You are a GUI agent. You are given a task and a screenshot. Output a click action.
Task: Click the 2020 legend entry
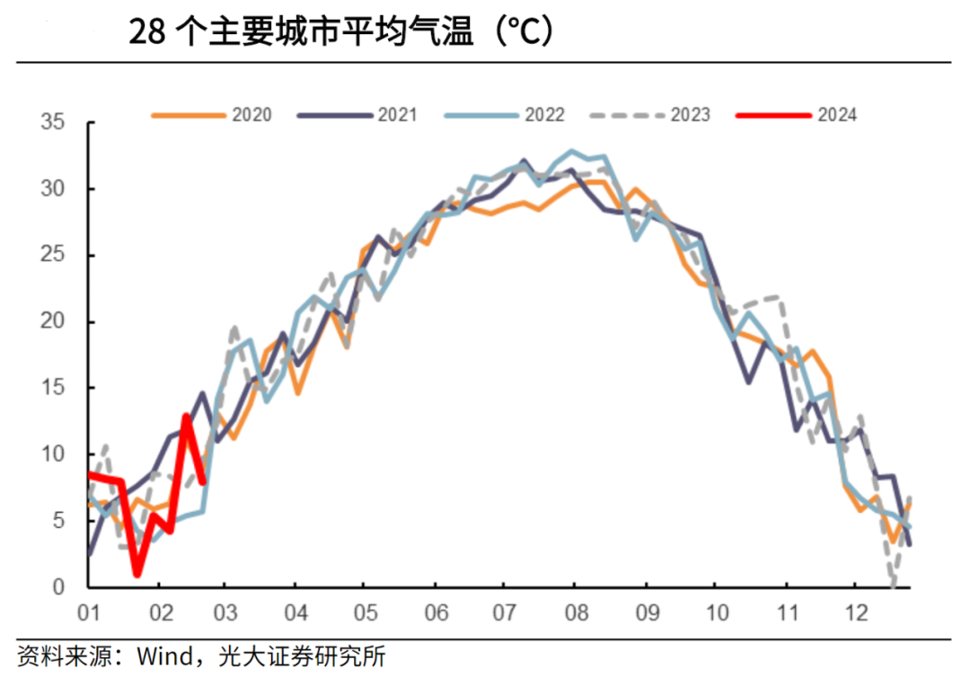[x=212, y=115]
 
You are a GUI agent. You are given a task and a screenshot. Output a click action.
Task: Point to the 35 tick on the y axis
[x=55, y=122]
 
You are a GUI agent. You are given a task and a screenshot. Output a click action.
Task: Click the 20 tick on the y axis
[x=55, y=321]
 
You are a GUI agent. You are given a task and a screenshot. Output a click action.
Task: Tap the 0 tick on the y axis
[x=60, y=587]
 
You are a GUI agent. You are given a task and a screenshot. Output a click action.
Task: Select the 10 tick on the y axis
[x=55, y=454]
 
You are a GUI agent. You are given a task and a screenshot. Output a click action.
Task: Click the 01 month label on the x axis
[x=88, y=613]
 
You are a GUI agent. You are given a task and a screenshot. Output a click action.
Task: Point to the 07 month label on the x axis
[x=504, y=613]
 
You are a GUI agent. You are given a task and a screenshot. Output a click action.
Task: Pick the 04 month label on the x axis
[x=295, y=613]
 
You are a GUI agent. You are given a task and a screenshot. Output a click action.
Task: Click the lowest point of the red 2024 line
[x=137, y=574]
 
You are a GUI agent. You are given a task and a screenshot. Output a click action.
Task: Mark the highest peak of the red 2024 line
[x=186, y=416]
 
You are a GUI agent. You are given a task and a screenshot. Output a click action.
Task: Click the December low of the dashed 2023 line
[x=893, y=585]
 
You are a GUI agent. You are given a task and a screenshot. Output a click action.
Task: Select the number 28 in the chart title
[x=146, y=33]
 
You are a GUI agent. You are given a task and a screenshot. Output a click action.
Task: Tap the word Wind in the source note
[x=167, y=656]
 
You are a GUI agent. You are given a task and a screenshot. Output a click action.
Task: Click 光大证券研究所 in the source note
[x=302, y=656]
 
